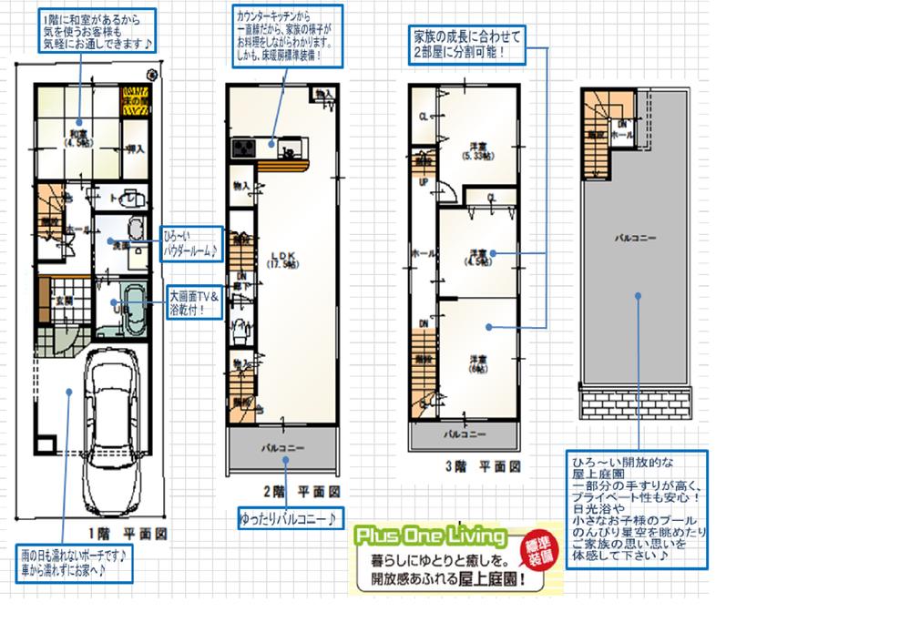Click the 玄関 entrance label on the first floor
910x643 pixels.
coord(64,301)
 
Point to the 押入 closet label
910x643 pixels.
coord(134,148)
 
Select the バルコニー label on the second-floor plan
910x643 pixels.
coord(282,448)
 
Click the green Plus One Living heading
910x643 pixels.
coord(432,534)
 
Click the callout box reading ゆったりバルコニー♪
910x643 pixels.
coord(291,518)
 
